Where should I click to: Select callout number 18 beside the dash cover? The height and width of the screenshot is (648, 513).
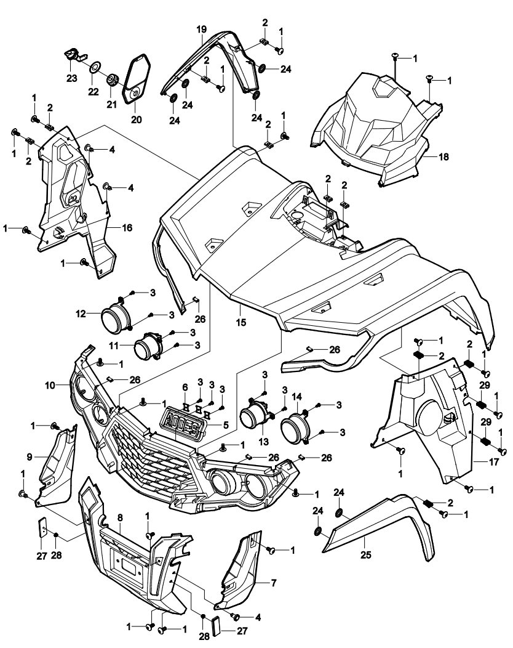click(443, 156)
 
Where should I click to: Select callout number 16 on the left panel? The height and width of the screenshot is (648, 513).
click(127, 227)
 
